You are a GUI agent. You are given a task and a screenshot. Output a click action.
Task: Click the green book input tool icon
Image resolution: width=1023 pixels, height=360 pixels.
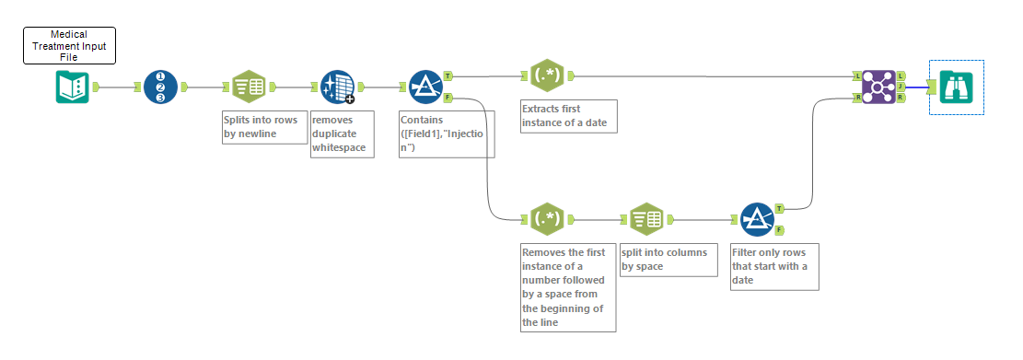click(x=70, y=87)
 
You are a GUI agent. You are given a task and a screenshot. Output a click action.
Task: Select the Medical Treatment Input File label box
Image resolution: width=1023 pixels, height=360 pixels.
click(x=69, y=46)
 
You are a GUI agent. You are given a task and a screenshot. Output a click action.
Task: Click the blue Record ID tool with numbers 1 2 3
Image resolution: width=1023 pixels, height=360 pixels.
click(x=160, y=87)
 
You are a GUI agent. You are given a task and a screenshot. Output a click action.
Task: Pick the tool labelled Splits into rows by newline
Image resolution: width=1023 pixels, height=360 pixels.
click(x=249, y=87)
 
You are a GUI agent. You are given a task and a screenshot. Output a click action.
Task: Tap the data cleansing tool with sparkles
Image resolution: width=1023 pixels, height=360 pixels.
click(x=337, y=87)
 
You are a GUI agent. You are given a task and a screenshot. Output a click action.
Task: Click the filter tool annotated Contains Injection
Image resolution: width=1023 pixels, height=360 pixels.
click(x=425, y=87)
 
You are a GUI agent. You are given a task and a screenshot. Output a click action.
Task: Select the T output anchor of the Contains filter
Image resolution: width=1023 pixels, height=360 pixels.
click(x=448, y=75)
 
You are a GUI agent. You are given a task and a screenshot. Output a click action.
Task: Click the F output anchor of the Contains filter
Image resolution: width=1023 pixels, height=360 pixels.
click(x=448, y=97)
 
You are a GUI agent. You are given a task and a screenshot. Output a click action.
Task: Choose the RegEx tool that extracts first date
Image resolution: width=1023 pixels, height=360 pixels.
click(x=547, y=75)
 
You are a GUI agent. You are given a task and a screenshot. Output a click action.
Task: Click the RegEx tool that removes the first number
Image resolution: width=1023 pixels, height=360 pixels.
click(x=547, y=219)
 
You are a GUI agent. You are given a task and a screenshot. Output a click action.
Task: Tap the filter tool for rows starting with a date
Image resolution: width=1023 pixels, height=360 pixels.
click(x=757, y=219)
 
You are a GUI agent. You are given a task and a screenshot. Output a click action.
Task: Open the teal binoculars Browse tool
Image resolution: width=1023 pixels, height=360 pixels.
click(x=957, y=87)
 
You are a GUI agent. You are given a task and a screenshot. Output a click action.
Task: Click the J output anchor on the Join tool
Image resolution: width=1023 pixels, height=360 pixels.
click(x=901, y=87)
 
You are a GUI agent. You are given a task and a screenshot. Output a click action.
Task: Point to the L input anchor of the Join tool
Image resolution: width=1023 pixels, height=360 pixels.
click(x=857, y=75)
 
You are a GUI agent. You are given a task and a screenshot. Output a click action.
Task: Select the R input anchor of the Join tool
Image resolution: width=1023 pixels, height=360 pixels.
click(x=857, y=97)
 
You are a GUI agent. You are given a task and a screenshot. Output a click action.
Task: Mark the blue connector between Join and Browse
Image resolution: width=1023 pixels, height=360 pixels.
click(x=917, y=87)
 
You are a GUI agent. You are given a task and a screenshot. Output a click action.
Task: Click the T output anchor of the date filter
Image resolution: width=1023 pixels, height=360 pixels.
click(x=779, y=208)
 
